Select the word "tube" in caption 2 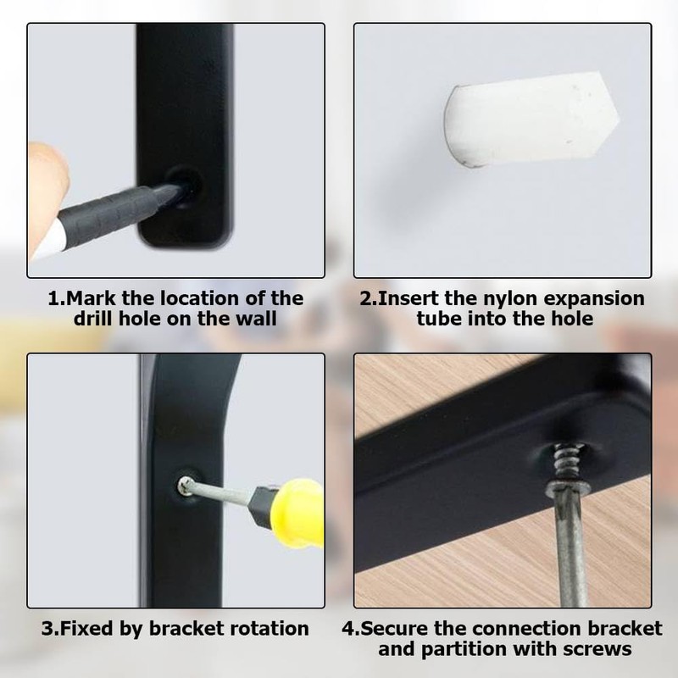coord(444,319)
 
